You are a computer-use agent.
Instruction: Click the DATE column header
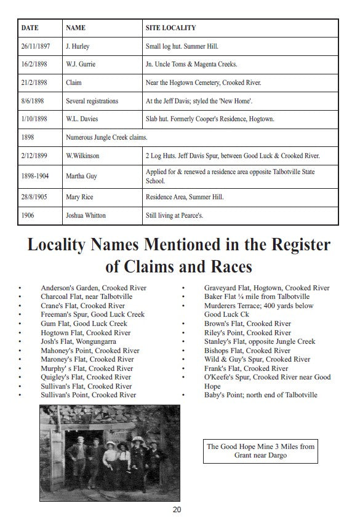pyautogui.click(x=30, y=28)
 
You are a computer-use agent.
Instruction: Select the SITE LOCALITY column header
pyautogui.click(x=170, y=28)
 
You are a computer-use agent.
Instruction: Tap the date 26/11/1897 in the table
pyautogui.click(x=36, y=46)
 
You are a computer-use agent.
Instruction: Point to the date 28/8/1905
pyautogui.click(x=34, y=197)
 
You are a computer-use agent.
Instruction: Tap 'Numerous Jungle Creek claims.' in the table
pyautogui.click(x=106, y=137)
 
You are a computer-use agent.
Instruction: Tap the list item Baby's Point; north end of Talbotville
pyautogui.click(x=260, y=395)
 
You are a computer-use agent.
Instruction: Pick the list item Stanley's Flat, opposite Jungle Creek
pyautogui.click(x=259, y=341)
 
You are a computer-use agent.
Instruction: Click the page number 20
pyautogui.click(x=177, y=509)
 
